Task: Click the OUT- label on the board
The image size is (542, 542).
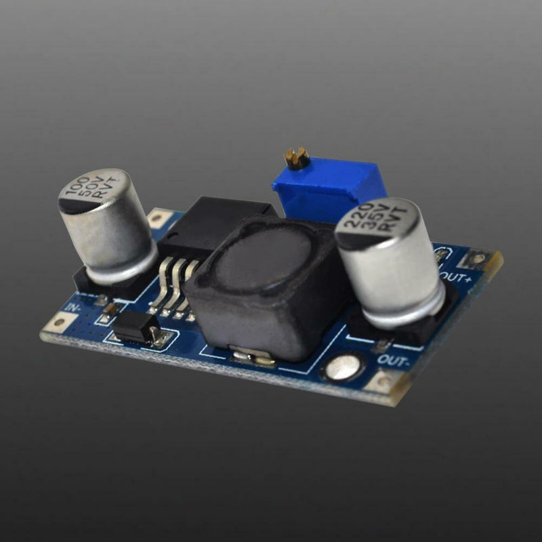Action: click(x=392, y=358)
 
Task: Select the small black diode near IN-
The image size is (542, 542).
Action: click(x=133, y=327)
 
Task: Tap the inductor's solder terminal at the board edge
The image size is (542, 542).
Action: click(x=251, y=356)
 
